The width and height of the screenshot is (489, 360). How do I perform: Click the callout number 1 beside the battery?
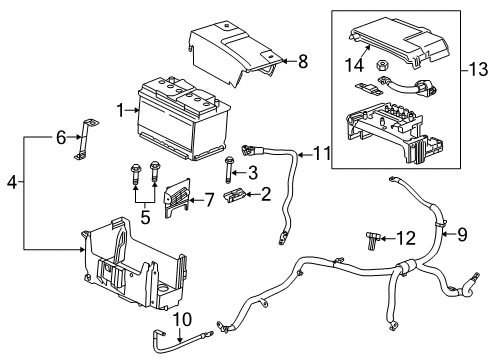coord(121,109)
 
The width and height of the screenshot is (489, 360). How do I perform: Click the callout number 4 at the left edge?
coord(11,183)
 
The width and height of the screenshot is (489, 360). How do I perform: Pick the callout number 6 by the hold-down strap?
coord(59,137)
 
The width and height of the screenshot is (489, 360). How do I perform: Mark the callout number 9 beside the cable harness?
coord(462,236)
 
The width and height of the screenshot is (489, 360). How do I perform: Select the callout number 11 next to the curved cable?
coord(321,153)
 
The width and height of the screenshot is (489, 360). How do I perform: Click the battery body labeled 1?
coord(180,112)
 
